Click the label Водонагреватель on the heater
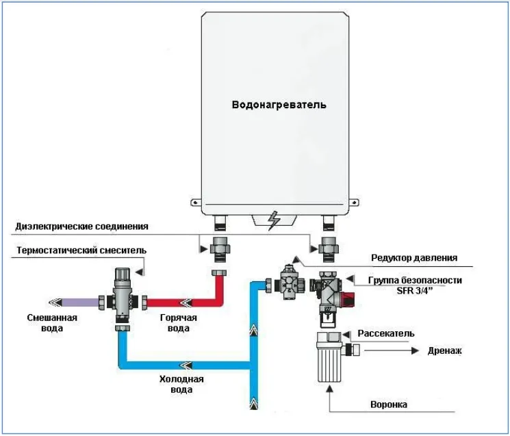pos(279,105)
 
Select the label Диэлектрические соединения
pos(81,227)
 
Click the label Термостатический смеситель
pos(81,251)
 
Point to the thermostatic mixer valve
pos(123,297)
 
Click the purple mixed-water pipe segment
pos(80,303)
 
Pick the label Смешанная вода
pos(52,323)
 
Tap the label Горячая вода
pos(178,323)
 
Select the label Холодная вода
pos(181,384)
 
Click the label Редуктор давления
pos(414,258)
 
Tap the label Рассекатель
pos(386,333)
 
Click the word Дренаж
pos(444,351)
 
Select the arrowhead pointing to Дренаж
pos(415,351)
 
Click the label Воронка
pos(389,405)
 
